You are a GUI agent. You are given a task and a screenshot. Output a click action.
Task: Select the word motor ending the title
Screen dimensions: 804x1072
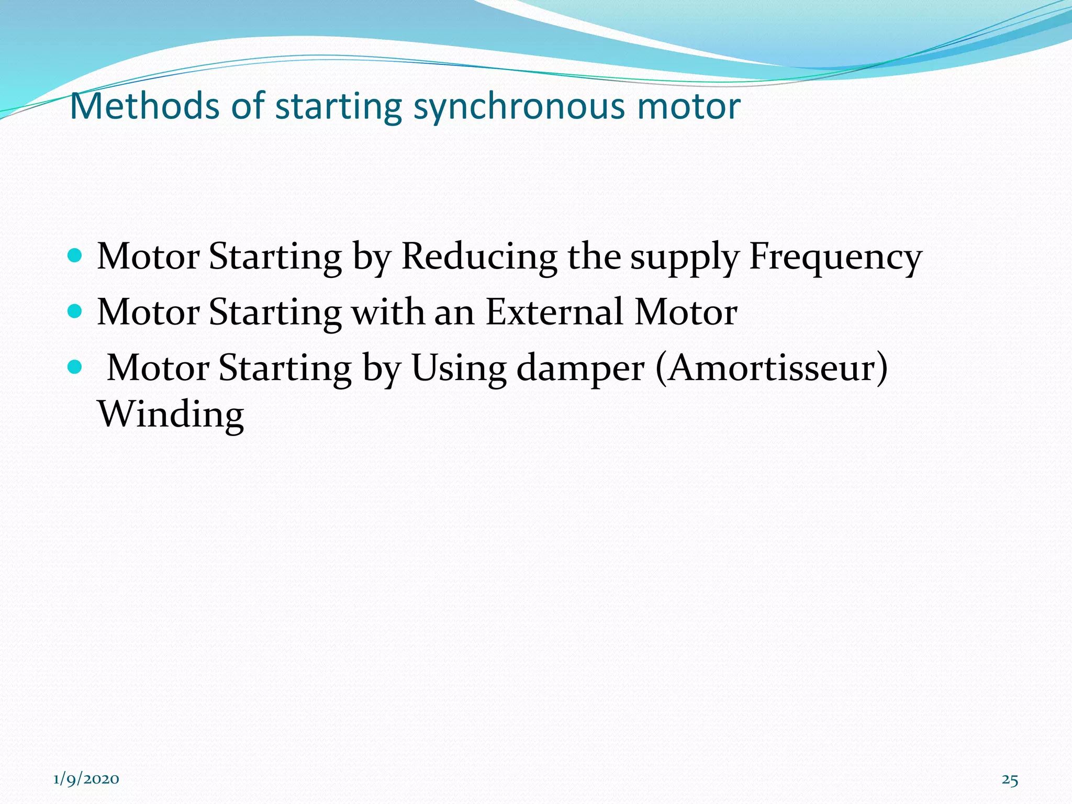(688, 107)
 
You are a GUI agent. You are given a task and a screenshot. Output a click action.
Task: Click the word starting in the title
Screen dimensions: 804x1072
(339, 107)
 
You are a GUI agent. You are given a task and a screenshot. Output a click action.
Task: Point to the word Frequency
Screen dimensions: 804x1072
(835, 258)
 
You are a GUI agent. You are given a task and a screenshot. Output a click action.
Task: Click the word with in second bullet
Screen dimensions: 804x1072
(387, 312)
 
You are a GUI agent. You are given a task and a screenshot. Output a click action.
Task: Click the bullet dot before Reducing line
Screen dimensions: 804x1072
(75, 255)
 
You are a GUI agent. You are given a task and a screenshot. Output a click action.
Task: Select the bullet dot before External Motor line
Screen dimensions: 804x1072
(75, 311)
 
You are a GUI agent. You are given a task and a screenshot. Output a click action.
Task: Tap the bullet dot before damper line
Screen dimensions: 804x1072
(75, 367)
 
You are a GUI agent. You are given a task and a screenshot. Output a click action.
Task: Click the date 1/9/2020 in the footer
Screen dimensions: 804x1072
(86, 779)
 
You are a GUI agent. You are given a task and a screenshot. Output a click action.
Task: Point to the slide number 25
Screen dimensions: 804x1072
(1010, 780)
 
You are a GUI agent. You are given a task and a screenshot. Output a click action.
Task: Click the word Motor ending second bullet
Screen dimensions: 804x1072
(686, 312)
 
